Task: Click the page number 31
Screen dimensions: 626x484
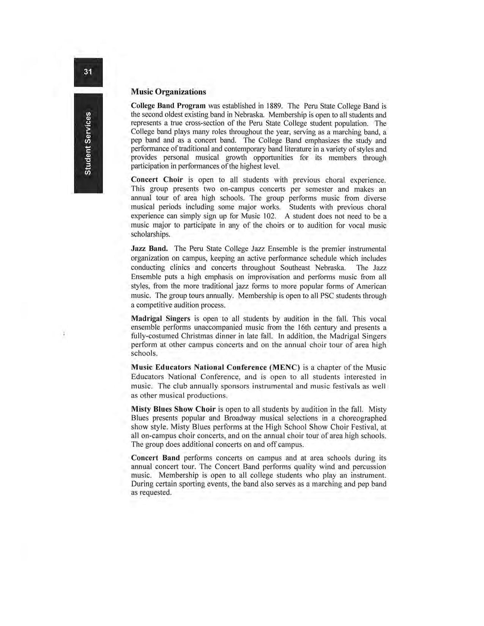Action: click(x=88, y=72)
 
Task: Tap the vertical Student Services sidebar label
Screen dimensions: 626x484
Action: click(x=88, y=143)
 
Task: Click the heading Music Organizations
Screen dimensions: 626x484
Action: click(x=168, y=92)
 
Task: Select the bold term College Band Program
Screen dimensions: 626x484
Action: click(x=168, y=105)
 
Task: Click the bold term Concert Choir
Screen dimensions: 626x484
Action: click(x=157, y=179)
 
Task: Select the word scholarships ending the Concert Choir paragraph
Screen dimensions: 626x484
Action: click(x=150, y=234)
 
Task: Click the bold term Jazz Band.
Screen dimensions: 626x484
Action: click(x=149, y=249)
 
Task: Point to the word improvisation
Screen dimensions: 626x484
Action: click(x=268, y=277)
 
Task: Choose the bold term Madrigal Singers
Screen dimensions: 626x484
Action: click(x=160, y=319)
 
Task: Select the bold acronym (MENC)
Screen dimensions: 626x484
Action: click(x=285, y=367)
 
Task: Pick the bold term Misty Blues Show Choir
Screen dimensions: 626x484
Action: click(x=173, y=409)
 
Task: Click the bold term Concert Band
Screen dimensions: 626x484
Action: click(x=155, y=458)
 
